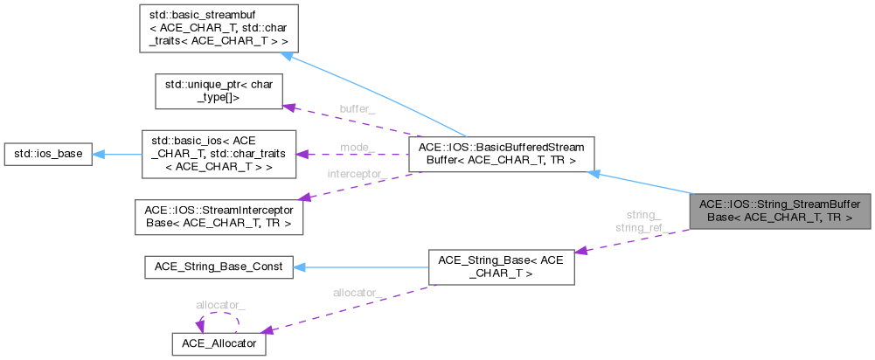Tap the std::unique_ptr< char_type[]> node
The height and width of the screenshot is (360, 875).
(219, 92)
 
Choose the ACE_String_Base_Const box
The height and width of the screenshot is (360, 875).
(219, 267)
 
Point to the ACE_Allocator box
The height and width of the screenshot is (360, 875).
(219, 343)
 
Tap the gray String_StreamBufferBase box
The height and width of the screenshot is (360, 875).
(780, 211)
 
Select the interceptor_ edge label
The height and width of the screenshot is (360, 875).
(357, 175)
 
